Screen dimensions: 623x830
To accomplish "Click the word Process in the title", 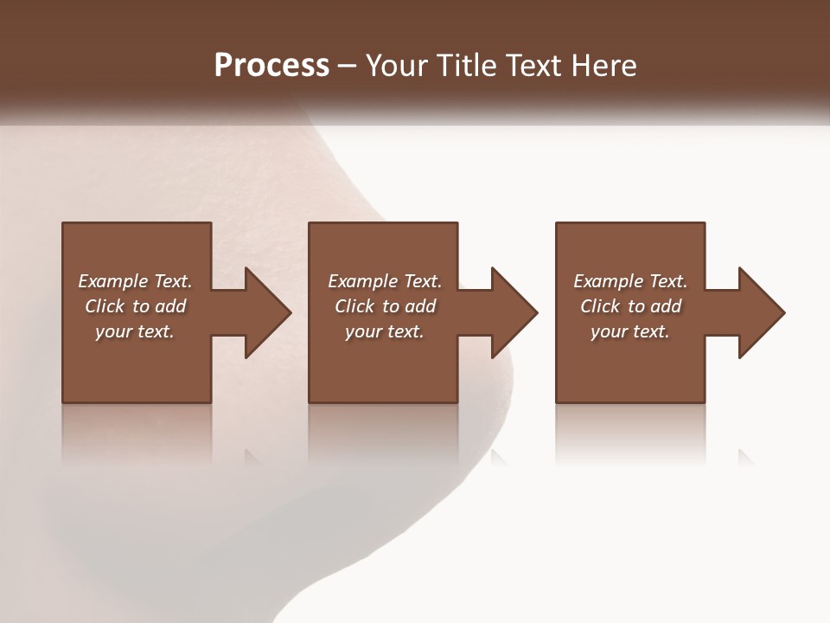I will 271,66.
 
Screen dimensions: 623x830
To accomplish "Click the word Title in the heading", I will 469,66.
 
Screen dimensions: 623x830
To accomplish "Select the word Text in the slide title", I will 533,66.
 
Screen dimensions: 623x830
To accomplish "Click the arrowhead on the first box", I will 264,312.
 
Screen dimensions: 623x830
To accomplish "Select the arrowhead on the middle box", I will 511,312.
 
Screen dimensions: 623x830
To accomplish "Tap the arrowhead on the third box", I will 758,312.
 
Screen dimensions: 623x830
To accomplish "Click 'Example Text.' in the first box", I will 135,281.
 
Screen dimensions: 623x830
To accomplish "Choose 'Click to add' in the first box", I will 135,306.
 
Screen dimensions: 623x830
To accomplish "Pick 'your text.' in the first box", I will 135,331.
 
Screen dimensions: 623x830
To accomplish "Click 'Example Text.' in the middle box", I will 385,281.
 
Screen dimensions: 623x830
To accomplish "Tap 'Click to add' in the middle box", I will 385,306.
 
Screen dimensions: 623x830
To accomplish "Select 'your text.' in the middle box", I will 385,331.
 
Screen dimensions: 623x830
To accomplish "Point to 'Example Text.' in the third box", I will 630,281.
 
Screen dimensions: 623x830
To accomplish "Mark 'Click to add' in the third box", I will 630,306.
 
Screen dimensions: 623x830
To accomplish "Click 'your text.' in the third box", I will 630,331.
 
